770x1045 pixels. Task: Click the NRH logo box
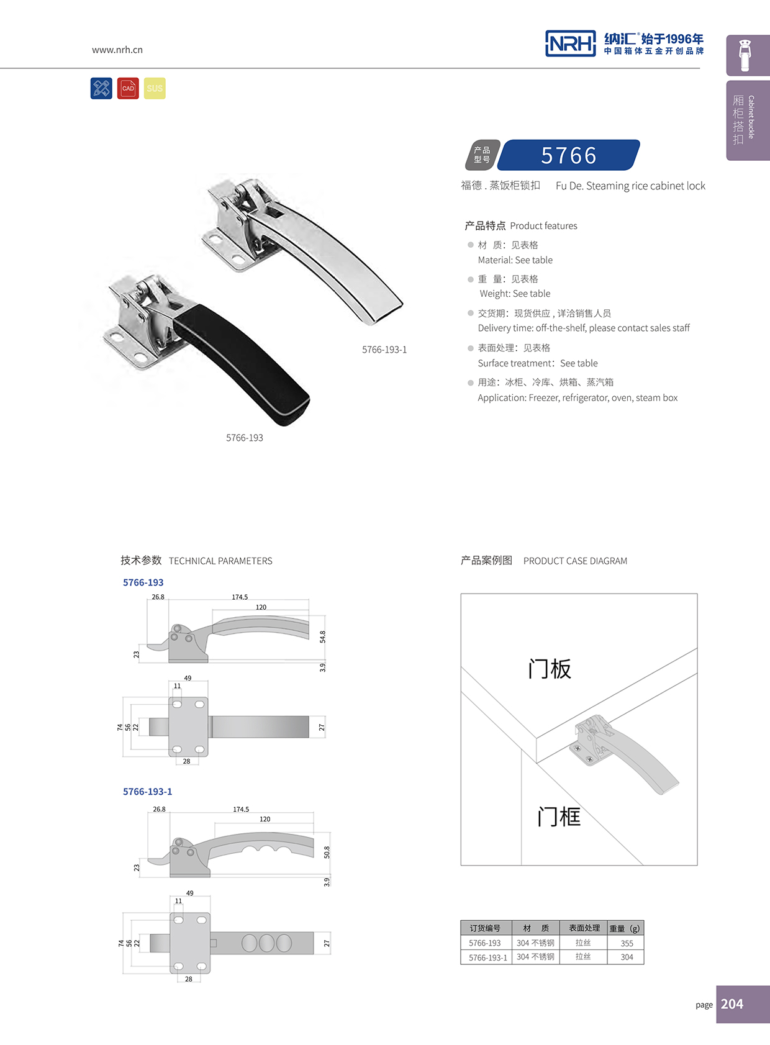point(570,43)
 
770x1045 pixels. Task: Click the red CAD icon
point(128,88)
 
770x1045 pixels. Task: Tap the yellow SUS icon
point(155,88)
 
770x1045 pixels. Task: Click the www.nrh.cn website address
point(117,50)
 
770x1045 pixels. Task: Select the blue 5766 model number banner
point(568,155)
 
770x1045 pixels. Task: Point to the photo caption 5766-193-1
point(384,350)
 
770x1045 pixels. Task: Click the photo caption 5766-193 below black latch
point(245,438)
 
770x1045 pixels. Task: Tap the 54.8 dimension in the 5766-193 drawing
point(322,637)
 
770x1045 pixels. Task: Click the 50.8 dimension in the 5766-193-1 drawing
point(327,853)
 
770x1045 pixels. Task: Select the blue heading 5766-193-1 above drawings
point(147,792)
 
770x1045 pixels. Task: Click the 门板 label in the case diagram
point(549,669)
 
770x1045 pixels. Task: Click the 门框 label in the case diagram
point(559,817)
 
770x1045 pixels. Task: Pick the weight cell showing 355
point(627,943)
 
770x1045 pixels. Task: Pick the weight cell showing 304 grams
point(627,957)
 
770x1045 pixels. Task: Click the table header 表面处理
point(584,928)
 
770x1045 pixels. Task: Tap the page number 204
point(732,1004)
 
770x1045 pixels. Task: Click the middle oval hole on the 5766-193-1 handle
point(266,943)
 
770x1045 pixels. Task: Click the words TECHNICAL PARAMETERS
point(220,561)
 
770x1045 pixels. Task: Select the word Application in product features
point(502,398)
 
